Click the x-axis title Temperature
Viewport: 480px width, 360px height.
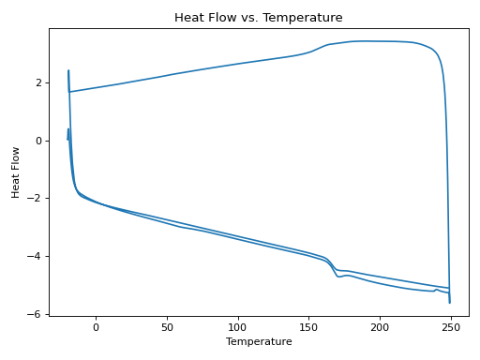[259, 342]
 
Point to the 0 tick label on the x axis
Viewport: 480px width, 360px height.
[96, 326]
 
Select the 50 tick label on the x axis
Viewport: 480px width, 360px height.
[167, 326]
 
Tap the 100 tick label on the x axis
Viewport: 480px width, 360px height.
[238, 326]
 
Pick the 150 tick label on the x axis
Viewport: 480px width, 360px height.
[309, 326]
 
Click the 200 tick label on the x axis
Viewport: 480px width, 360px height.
[381, 326]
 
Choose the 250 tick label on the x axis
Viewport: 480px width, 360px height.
[452, 326]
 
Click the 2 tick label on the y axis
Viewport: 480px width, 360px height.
[39, 82]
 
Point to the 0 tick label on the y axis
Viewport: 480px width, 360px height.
[39, 141]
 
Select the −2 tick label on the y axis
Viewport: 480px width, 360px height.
[37, 199]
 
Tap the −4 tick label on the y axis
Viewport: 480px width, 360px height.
[37, 257]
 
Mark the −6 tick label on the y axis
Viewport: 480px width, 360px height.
[37, 314]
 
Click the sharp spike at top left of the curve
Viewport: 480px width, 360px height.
[68, 71]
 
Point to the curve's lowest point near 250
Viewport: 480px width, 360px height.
[450, 302]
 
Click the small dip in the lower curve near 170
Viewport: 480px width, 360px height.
[339, 277]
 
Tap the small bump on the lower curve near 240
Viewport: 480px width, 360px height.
[437, 290]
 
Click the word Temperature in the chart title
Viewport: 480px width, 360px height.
[308, 18]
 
